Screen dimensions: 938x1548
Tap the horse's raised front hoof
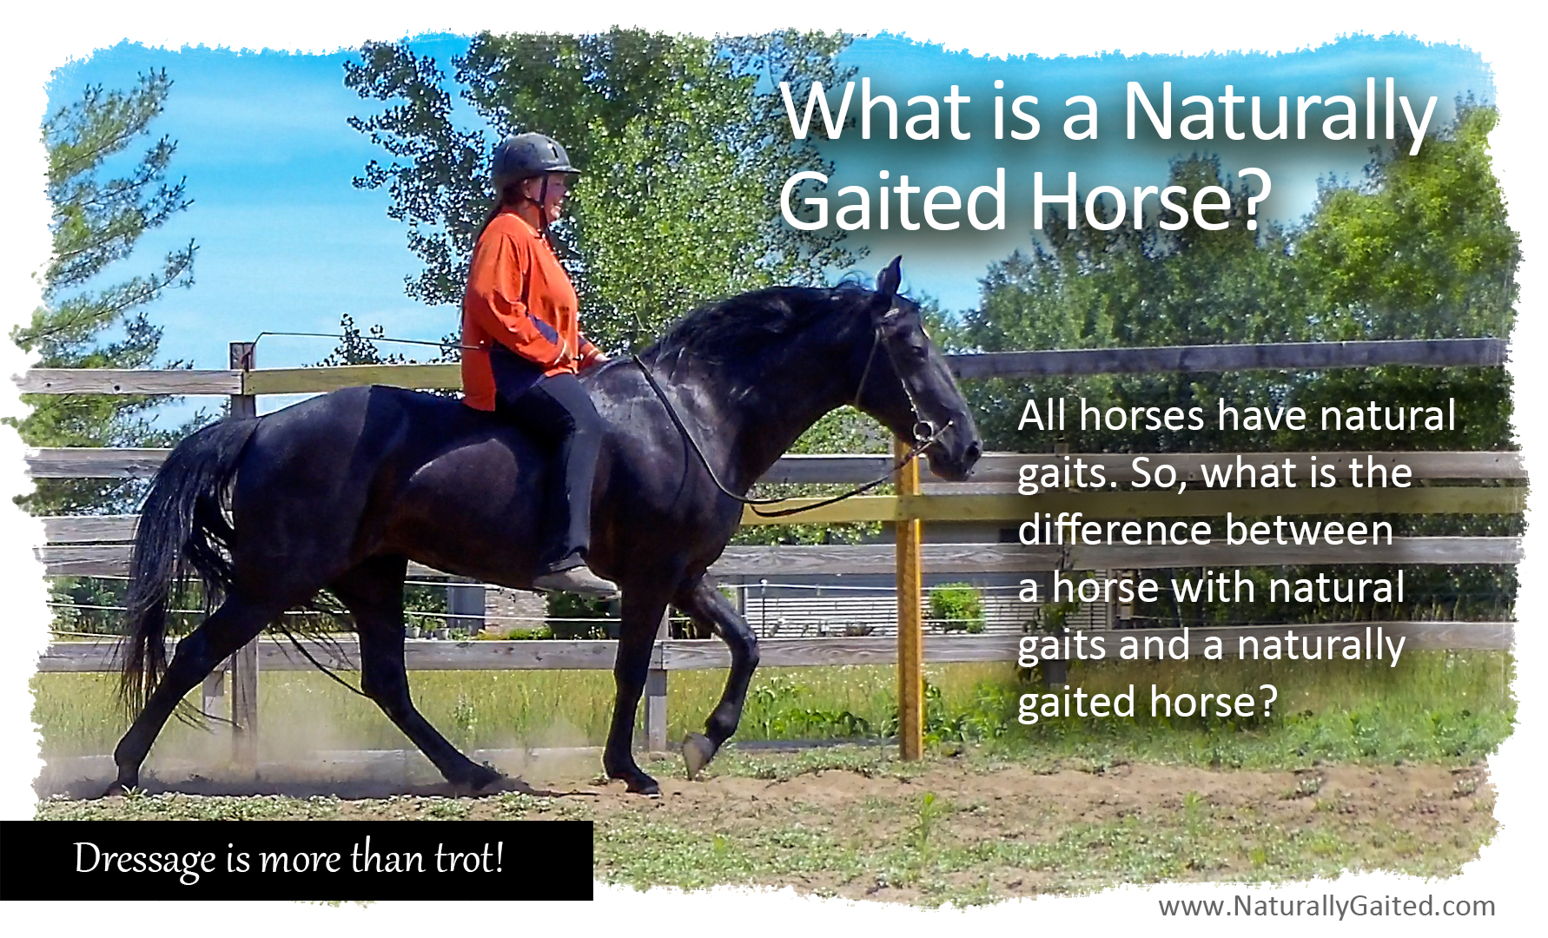coord(698,753)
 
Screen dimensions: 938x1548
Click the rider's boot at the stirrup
coord(573,577)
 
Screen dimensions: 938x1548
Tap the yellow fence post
coord(909,608)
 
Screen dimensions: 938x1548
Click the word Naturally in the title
coord(1277,113)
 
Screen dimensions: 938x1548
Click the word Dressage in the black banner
coord(144,859)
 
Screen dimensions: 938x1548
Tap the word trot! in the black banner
coord(468,859)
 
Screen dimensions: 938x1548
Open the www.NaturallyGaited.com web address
coord(1326,906)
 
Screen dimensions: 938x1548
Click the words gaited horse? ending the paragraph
coord(1147,702)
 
